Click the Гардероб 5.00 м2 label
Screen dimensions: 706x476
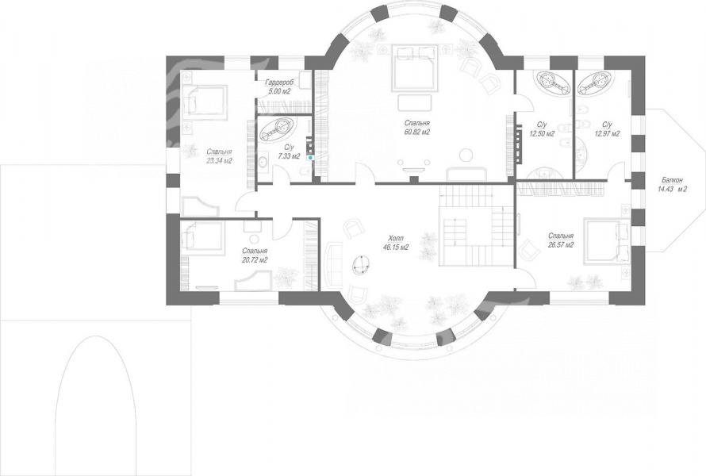tap(278, 86)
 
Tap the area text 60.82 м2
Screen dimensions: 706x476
tap(417, 132)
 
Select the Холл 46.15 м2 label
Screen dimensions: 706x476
tap(395, 242)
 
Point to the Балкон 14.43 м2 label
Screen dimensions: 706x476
tap(672, 185)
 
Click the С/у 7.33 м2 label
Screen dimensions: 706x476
tap(289, 152)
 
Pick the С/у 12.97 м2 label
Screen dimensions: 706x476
tap(607, 129)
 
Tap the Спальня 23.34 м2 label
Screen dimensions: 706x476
tap(219, 156)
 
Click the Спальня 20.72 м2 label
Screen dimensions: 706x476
tap(255, 255)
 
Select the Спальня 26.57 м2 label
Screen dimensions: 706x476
tap(561, 240)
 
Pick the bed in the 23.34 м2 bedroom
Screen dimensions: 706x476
tap(204, 99)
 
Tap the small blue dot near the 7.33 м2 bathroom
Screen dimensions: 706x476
tap(310, 158)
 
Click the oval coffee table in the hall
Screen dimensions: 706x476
tap(361, 265)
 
